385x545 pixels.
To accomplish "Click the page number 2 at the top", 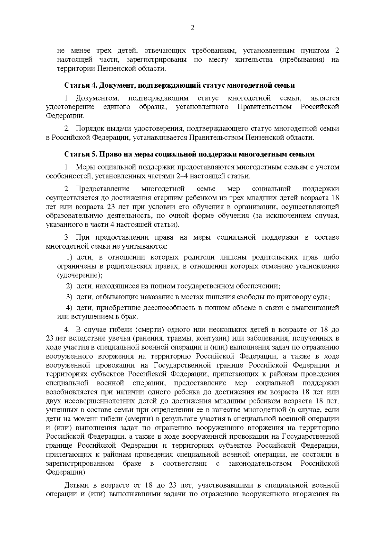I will (x=193, y=28).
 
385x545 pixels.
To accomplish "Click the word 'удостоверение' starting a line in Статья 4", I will (x=70, y=107).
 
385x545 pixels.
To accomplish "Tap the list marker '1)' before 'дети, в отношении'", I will (x=70, y=258).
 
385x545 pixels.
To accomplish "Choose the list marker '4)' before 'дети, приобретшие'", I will (x=70, y=308).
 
